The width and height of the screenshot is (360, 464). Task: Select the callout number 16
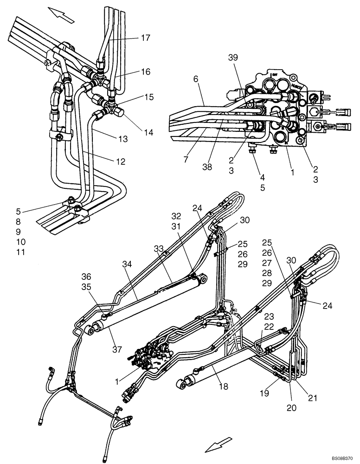[146, 72]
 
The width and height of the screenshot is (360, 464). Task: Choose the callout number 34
[127, 264]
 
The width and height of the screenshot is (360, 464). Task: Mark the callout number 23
[270, 316]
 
